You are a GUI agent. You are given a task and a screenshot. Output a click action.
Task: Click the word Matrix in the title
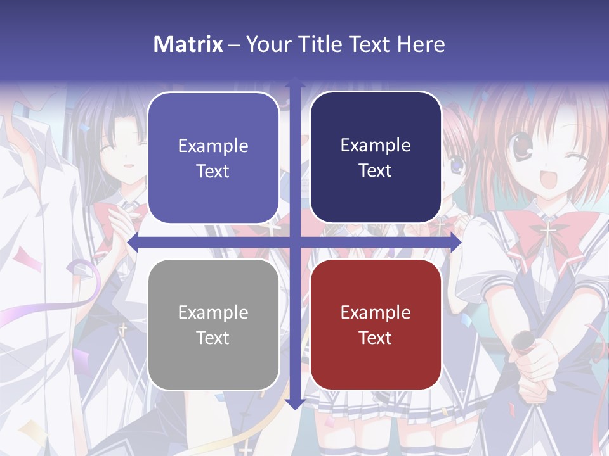click(x=188, y=44)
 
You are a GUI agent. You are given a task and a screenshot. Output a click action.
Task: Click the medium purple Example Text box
click(x=213, y=158)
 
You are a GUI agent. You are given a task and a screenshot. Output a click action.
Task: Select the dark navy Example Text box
click(x=376, y=158)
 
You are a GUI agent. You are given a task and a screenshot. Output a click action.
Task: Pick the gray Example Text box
click(x=213, y=324)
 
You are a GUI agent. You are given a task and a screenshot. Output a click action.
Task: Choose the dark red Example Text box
click(x=376, y=324)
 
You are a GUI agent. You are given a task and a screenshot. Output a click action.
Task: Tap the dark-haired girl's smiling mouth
click(x=129, y=166)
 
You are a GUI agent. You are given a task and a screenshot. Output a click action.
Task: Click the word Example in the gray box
click(x=213, y=312)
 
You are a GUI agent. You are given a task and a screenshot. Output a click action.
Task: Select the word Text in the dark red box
click(x=376, y=338)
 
